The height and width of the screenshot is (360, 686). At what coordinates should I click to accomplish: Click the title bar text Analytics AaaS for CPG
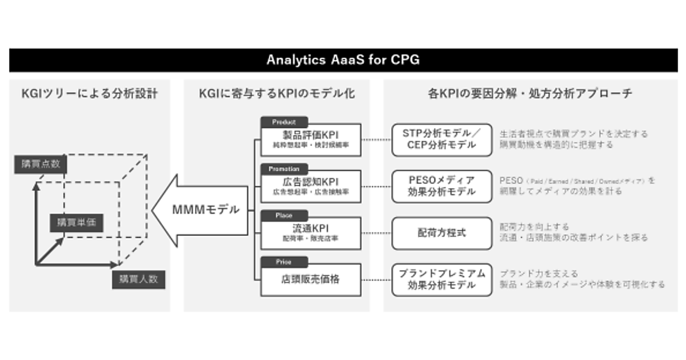click(342, 60)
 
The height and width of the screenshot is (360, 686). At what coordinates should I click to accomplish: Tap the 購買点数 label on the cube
click(40, 165)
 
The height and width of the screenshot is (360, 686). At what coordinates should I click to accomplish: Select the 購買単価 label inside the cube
click(76, 222)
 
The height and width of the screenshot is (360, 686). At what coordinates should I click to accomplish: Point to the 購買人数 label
click(138, 280)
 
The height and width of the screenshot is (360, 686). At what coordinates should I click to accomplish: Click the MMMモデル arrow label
click(205, 209)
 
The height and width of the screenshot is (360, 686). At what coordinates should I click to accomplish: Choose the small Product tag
click(284, 122)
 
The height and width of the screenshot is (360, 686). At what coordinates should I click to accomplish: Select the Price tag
click(284, 262)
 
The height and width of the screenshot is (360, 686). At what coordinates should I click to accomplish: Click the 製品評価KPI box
click(311, 139)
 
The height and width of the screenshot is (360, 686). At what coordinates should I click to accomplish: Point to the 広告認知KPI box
click(311, 186)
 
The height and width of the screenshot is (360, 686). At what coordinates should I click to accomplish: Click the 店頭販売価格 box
click(311, 280)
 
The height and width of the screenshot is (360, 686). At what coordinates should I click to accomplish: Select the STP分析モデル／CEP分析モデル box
click(441, 139)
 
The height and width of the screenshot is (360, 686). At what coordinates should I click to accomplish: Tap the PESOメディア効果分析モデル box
click(441, 186)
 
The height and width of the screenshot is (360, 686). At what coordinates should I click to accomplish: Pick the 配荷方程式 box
click(441, 233)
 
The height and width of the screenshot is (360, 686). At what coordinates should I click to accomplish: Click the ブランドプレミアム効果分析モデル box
click(441, 279)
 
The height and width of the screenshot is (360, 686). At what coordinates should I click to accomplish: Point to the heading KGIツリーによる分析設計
click(89, 94)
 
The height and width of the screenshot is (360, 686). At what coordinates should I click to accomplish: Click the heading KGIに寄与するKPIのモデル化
click(277, 94)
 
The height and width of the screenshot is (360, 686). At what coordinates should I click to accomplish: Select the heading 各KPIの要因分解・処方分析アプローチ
click(530, 94)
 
